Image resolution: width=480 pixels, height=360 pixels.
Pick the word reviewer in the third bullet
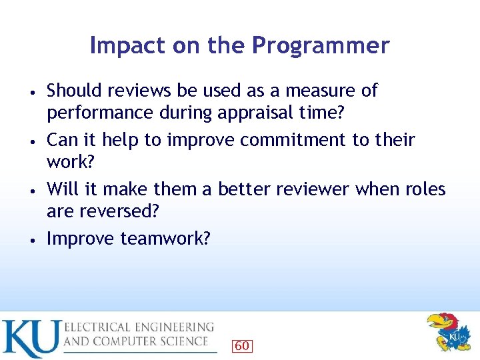(308, 189)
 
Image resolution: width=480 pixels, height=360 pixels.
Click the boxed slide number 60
(241, 346)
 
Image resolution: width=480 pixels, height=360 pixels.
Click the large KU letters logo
(31, 339)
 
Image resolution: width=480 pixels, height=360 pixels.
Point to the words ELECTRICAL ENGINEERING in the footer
(139, 327)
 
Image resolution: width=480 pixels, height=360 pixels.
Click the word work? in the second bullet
(67, 161)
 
